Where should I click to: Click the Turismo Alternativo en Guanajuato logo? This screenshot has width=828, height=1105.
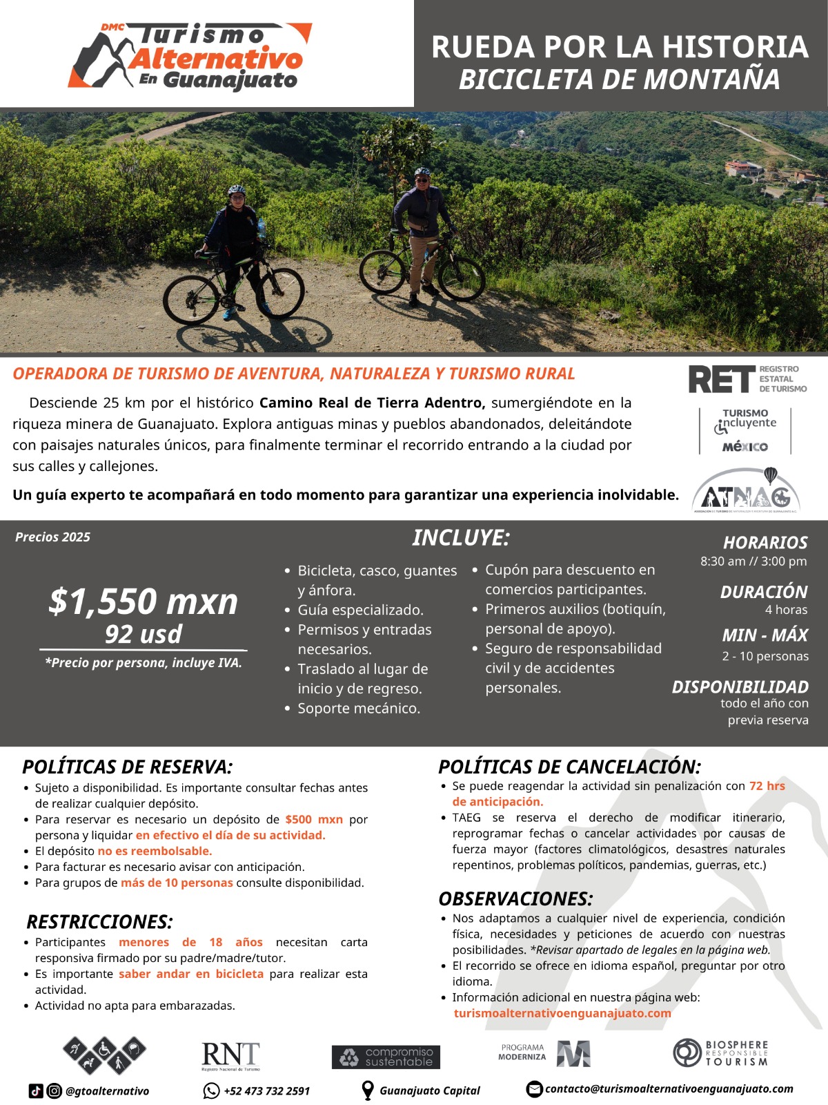point(190,55)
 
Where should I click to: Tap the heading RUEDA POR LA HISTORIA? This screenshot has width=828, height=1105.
point(619,47)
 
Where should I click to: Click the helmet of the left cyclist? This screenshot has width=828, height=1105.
point(237,189)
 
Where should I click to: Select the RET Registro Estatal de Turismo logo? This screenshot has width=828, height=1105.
point(747,379)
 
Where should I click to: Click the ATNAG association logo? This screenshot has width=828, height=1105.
point(745,491)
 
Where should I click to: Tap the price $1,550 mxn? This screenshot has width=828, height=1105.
point(144,601)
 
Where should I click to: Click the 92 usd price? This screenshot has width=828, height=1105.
point(144,634)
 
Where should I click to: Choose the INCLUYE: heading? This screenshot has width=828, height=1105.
point(460,537)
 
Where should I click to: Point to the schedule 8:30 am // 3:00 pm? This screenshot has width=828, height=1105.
point(753,561)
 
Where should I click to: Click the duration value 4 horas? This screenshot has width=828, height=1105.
point(786,609)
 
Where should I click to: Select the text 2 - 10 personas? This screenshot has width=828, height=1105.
point(765,655)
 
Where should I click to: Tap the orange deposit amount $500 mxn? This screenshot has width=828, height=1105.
point(314,819)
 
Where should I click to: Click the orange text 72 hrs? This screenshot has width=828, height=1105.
point(767,786)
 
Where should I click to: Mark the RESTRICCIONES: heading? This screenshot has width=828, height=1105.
point(99,922)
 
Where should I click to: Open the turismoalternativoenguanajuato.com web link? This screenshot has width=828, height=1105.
point(562,1013)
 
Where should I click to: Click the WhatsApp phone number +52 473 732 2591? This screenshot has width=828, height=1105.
point(266,1091)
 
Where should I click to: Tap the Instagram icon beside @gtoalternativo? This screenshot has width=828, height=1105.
point(54,1091)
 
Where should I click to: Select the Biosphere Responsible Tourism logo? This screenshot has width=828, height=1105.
point(720,1053)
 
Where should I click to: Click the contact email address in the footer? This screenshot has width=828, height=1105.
point(669,1089)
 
